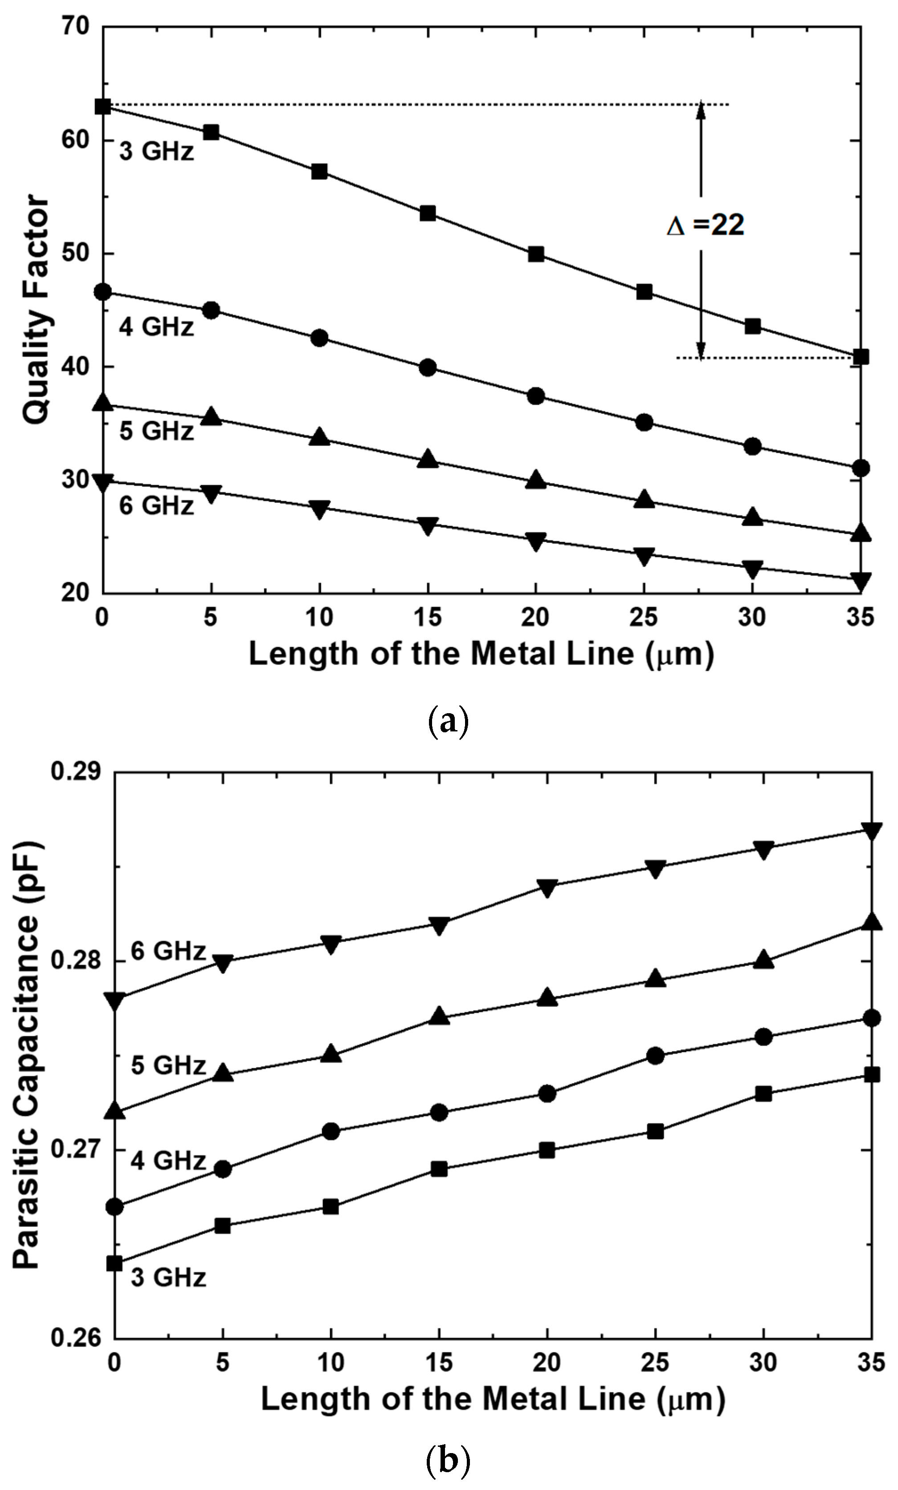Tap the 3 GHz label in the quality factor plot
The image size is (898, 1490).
click(156, 151)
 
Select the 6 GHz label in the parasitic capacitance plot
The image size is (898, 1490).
click(168, 951)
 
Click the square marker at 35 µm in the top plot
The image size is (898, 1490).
click(861, 357)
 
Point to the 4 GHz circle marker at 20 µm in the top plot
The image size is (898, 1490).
click(535, 396)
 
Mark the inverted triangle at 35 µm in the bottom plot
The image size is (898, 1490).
click(871, 830)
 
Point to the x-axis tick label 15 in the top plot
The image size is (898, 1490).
click(427, 617)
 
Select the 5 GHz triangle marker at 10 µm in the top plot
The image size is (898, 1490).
click(319, 437)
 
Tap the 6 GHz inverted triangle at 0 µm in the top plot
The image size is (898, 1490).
click(103, 483)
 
